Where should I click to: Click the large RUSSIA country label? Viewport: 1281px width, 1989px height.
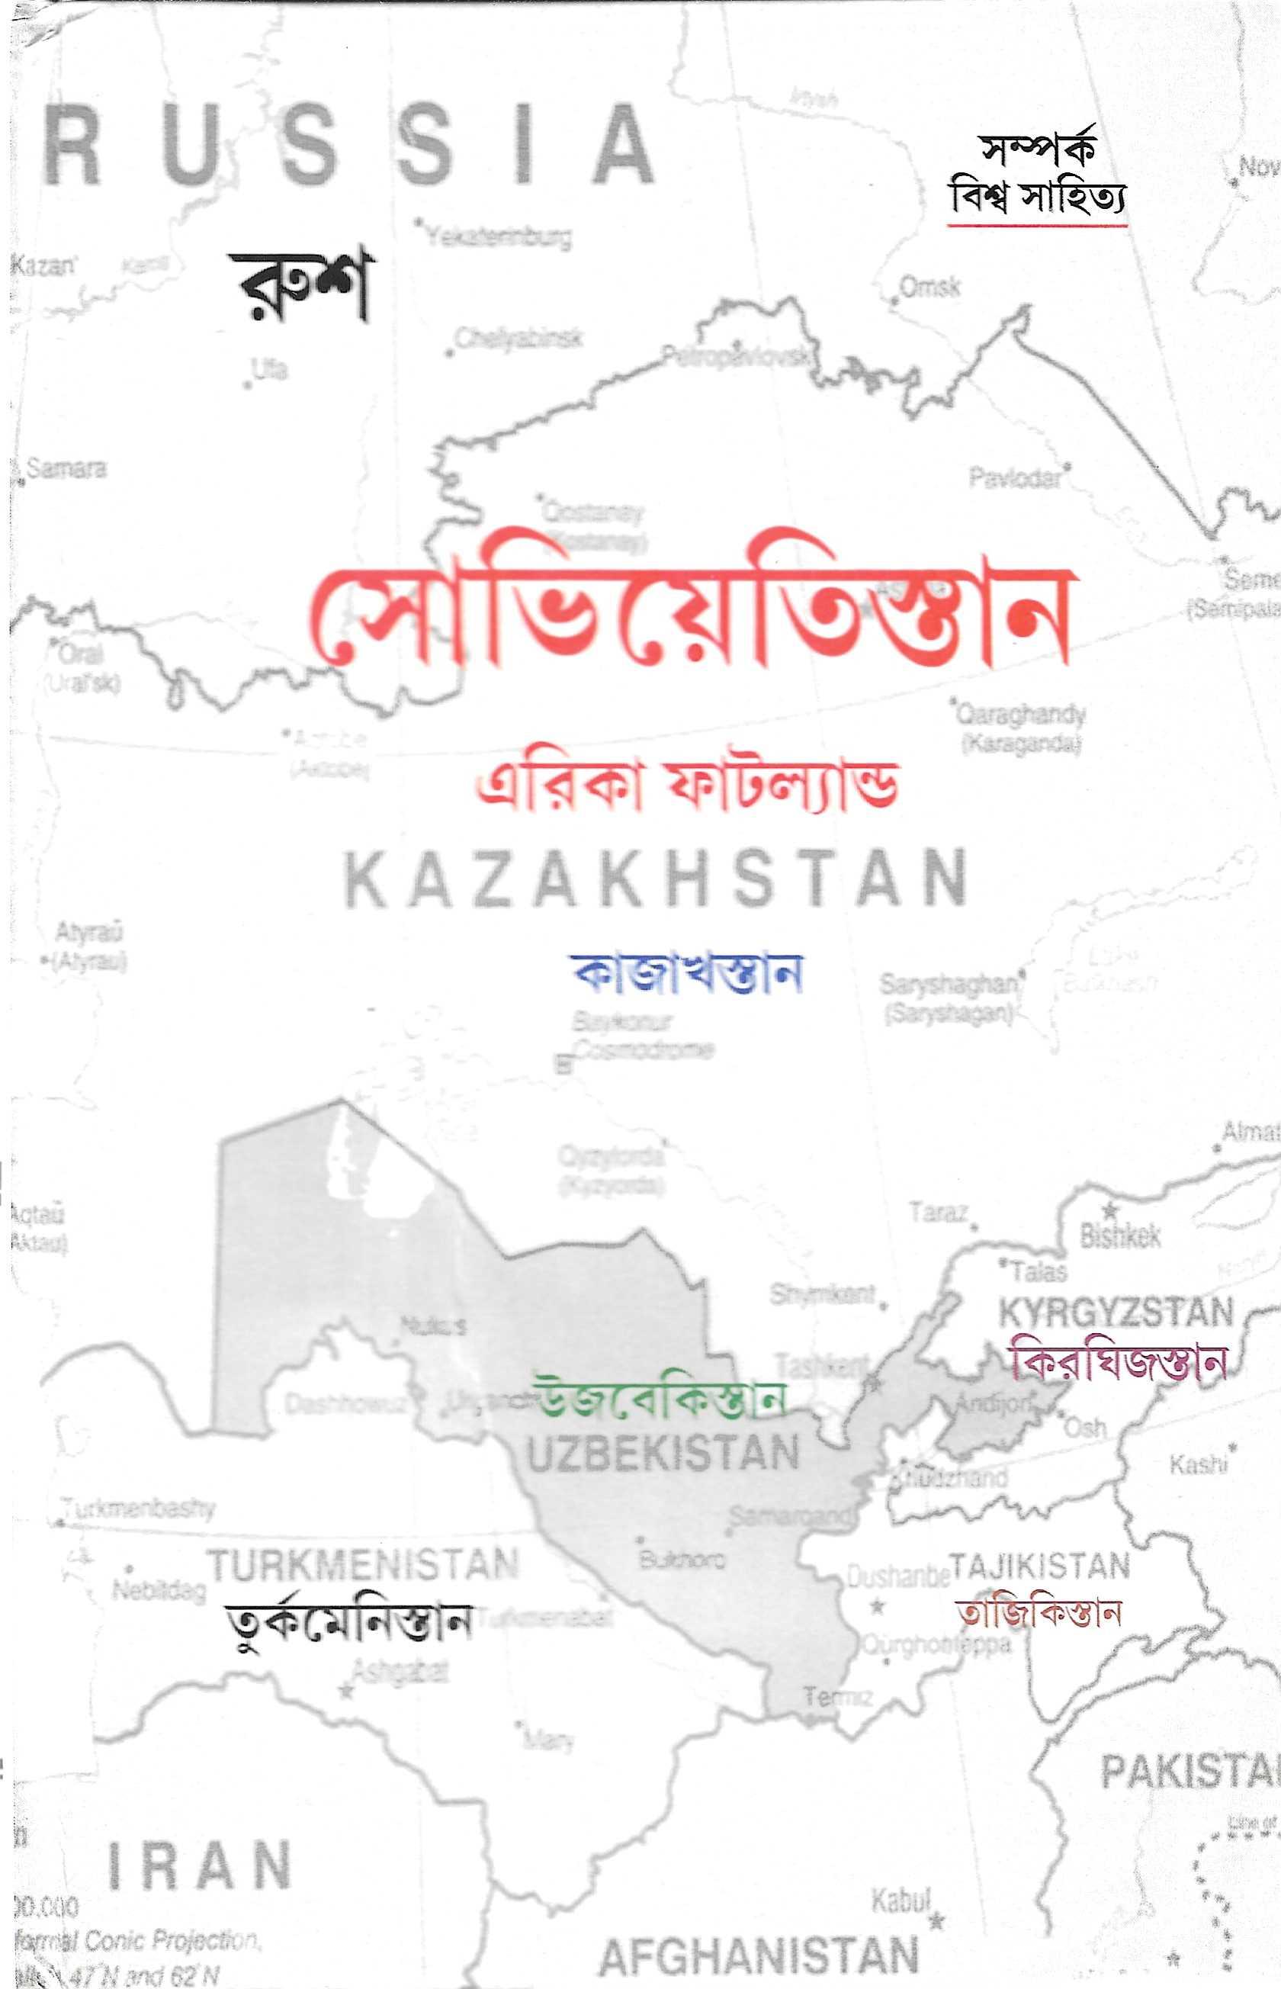pyautogui.click(x=348, y=146)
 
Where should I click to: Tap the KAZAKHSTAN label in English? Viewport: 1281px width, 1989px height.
pyautogui.click(x=656, y=879)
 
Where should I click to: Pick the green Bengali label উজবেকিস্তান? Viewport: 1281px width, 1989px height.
pyautogui.click(x=661, y=1399)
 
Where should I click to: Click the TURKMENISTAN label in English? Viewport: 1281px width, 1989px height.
pyautogui.click(x=363, y=1565)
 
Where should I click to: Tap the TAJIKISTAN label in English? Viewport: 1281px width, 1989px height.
pyautogui.click(x=1040, y=1566)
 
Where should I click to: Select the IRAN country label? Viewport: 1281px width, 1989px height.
pyautogui.click(x=200, y=1865)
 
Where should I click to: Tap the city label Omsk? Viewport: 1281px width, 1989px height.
pyautogui.click(x=930, y=288)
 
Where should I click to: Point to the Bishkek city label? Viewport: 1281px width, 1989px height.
pyautogui.click(x=1119, y=1236)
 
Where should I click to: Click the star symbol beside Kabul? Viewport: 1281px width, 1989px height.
pyautogui.click(x=937, y=1922)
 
